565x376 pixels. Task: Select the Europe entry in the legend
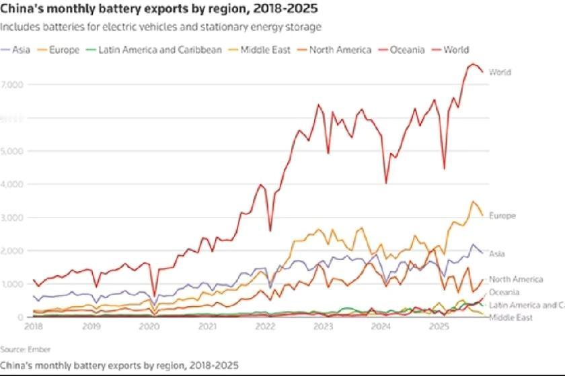[x=65, y=50]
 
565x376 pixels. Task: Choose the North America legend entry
[x=340, y=50]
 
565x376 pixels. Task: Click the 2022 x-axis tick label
[x=266, y=326]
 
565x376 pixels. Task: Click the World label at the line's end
[x=500, y=72]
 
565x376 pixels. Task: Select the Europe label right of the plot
[x=502, y=216]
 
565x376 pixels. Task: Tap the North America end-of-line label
[x=516, y=279]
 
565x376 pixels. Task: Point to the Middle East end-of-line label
[x=511, y=317]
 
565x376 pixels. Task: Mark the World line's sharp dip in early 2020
[x=155, y=295]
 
